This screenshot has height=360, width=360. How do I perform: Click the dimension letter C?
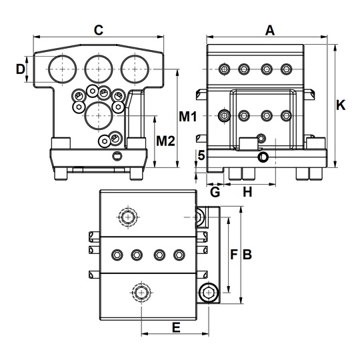pos(99,30)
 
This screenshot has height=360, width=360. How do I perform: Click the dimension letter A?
pos(270,30)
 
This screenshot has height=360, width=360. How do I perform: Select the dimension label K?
pos(341,105)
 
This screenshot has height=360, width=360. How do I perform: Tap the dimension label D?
pos(21,69)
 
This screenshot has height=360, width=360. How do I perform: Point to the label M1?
pos(188,117)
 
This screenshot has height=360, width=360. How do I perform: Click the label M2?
pos(165,141)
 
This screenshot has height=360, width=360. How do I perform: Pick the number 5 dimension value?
pos(201,155)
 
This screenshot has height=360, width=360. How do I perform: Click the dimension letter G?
pos(215,192)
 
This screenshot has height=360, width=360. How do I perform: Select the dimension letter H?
pos(247,192)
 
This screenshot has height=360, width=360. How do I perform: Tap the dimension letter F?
pos(233,255)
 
